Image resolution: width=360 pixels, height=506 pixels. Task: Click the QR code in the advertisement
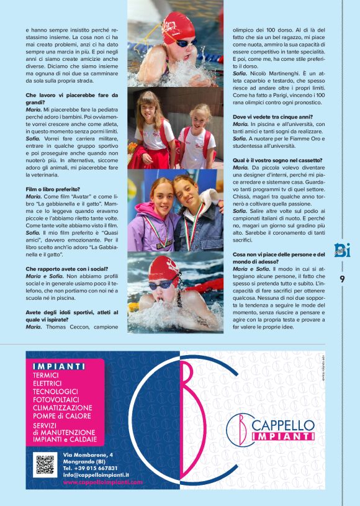coord(45,466)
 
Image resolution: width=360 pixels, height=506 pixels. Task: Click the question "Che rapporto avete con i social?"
coord(64,269)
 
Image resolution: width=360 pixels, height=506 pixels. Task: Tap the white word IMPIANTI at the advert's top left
coord(60,366)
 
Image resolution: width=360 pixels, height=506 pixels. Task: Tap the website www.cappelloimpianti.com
coord(102,482)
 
